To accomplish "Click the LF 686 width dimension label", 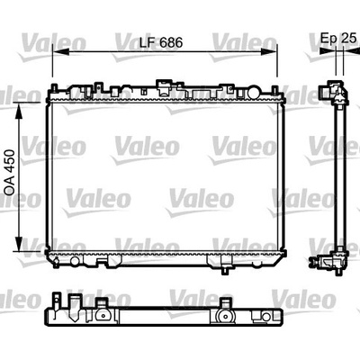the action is (x=161, y=43).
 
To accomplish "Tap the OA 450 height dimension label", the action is (x=10, y=173).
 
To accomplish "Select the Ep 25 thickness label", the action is (x=338, y=38).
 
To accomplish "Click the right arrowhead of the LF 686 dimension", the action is (x=268, y=51).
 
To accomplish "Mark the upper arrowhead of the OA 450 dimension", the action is (x=19, y=111).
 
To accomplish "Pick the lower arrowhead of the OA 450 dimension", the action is (x=19, y=244).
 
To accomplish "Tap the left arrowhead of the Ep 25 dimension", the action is (x=328, y=51).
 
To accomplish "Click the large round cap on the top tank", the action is (x=254, y=92).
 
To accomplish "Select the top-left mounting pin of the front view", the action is (x=54, y=87).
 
